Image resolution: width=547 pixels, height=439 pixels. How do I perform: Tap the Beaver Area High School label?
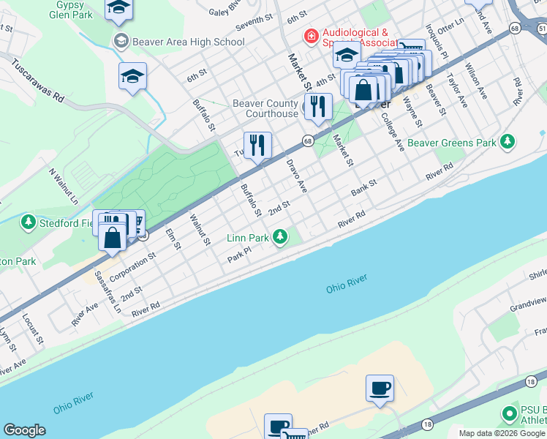tap(188, 42)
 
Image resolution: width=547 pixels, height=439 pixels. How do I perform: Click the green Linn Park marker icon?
tap(279, 236)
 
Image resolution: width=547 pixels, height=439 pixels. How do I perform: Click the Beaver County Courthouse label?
tap(265, 108)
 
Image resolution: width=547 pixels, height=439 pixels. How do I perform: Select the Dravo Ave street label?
tap(296, 176)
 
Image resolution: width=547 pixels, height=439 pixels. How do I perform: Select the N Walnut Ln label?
tap(63, 186)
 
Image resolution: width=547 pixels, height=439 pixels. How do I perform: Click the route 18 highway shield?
tap(427, 424)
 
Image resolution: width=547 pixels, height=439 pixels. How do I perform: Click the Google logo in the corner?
tap(24, 430)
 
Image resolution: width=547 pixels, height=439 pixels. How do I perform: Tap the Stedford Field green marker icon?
tap(28, 221)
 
